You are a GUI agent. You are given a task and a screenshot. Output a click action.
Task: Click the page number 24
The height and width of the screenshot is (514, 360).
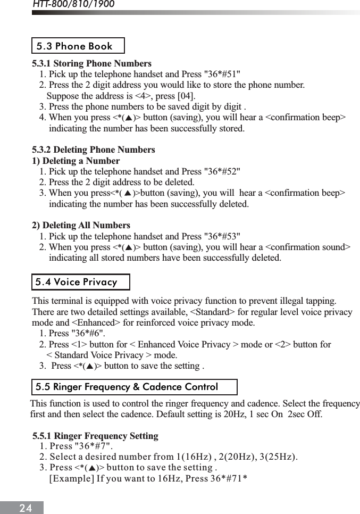(26, 508)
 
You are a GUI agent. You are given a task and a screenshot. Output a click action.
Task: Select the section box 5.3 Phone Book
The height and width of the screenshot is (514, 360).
(78, 46)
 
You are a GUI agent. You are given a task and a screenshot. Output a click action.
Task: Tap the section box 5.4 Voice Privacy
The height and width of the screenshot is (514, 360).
(80, 282)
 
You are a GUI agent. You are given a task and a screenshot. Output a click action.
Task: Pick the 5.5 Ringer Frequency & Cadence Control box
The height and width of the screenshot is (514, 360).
(133, 387)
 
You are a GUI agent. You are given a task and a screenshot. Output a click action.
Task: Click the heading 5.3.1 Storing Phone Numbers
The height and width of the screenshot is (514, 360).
(92, 63)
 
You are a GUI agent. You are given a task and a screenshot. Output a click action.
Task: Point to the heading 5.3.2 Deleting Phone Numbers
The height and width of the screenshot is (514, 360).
(94, 150)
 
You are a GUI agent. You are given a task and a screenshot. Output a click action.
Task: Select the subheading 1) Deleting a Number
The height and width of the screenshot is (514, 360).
(76, 161)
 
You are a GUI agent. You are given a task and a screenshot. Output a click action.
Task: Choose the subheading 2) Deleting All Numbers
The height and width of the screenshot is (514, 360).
(81, 225)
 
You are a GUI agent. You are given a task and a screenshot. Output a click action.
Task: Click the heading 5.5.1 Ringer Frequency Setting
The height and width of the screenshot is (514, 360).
(96, 436)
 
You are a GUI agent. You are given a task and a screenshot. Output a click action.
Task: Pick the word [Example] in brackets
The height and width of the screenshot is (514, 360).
(71, 478)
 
